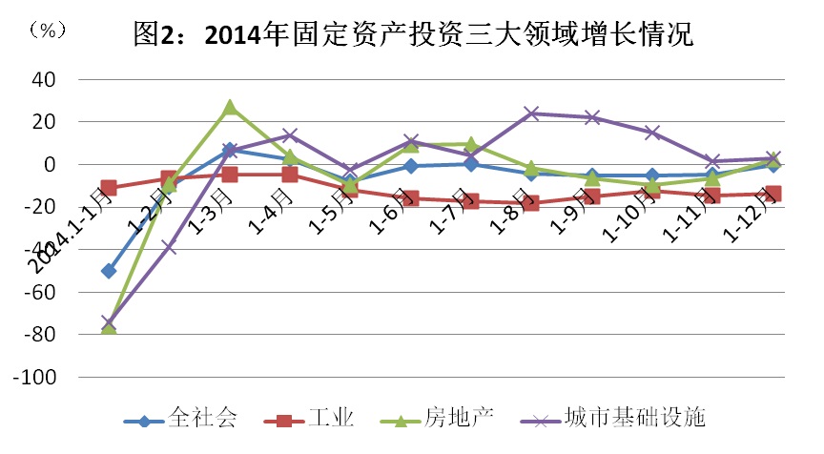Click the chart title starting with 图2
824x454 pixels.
click(412, 35)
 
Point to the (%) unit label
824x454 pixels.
click(48, 30)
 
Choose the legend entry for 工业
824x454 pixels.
click(312, 418)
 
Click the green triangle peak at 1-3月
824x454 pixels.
click(230, 108)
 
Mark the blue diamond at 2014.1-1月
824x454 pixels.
click(109, 271)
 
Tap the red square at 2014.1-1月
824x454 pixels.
click(109, 188)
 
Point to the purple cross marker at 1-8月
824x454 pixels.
click(532, 113)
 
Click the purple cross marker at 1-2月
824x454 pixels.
click(169, 247)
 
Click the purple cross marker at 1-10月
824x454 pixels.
click(653, 133)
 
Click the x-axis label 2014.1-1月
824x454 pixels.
click(67, 234)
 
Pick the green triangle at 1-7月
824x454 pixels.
click(472, 144)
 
